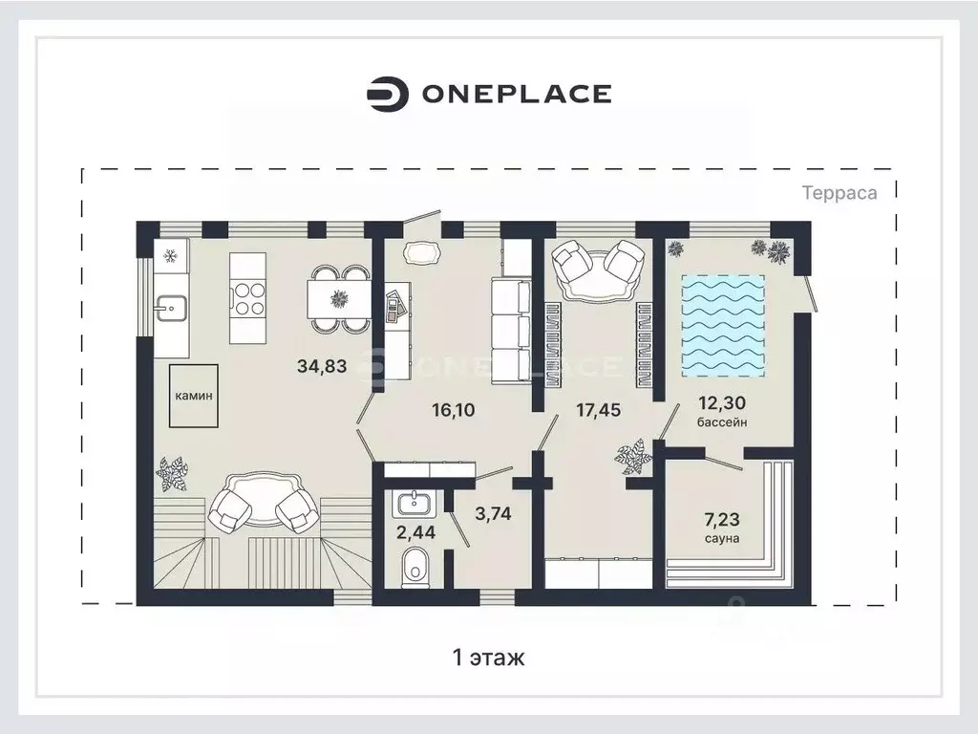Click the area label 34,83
point(322,366)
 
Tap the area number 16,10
point(454,410)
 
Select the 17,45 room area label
point(598,410)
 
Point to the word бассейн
point(722,421)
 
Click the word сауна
point(722,538)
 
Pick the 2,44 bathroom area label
point(416,532)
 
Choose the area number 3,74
point(493,513)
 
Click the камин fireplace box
point(193,396)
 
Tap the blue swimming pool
point(723,326)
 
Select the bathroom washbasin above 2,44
point(413,503)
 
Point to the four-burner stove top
point(248,298)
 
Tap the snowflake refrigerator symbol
point(171,256)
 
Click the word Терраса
point(840,193)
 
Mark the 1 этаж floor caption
point(488,658)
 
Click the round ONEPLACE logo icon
point(388,95)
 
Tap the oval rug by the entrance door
point(421,253)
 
